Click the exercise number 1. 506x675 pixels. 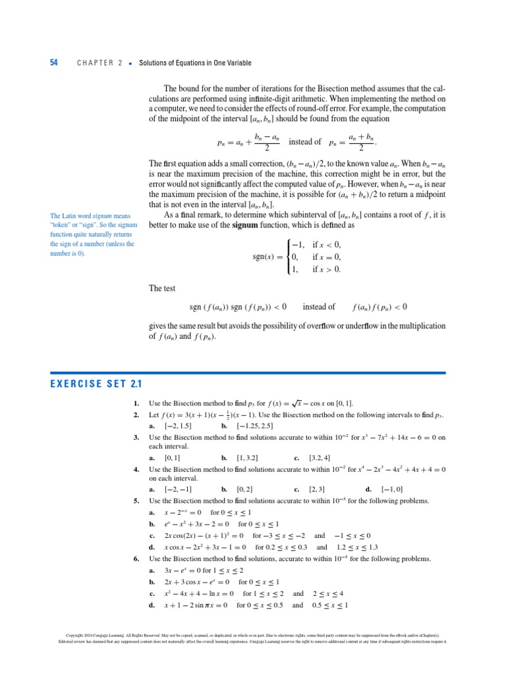coord(136,403)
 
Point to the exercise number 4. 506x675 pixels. coord(136,469)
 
